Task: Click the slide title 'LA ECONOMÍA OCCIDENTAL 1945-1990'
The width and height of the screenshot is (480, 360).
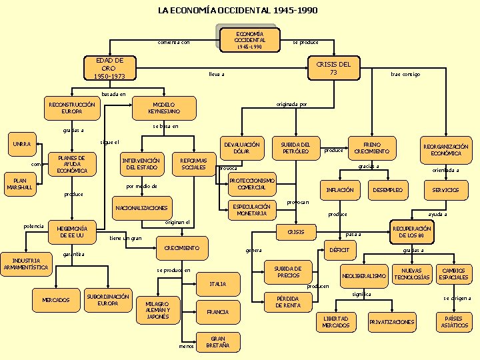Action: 237,10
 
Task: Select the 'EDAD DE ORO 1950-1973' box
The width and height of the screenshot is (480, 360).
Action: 109,68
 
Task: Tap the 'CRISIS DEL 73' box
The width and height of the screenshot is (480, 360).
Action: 333,68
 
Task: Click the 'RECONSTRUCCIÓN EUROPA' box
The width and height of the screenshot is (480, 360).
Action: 72,108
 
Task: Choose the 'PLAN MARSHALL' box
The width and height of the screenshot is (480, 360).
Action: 19,183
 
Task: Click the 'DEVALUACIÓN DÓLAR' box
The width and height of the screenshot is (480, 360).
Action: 241,148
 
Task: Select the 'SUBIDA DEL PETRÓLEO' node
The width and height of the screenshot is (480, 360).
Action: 295,148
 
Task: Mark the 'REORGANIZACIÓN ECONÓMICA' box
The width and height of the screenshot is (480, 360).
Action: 445,150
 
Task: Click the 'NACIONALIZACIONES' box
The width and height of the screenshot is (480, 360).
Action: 141,208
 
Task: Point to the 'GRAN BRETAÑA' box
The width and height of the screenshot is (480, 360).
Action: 219,341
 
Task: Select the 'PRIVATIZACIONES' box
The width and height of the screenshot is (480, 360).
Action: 391,322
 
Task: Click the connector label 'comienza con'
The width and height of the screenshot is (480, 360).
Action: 173,43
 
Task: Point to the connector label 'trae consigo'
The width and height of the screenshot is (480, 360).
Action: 405,75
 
